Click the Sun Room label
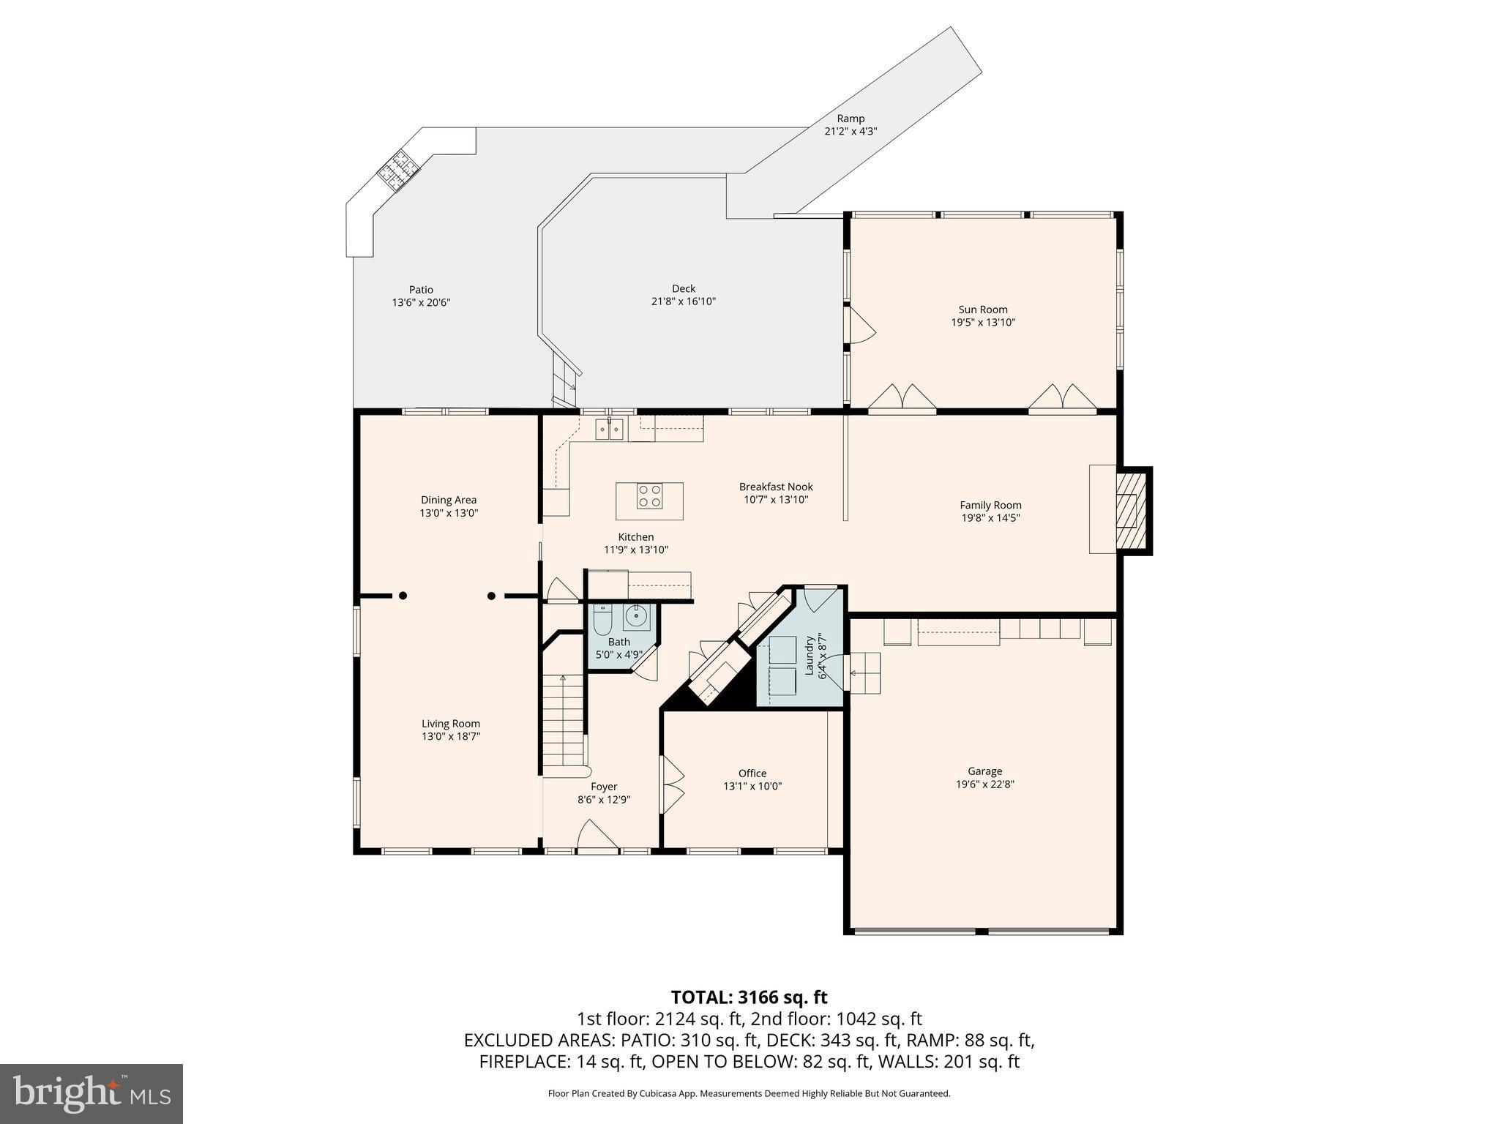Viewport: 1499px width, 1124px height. click(x=983, y=310)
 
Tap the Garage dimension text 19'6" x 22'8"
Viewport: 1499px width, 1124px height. click(x=984, y=784)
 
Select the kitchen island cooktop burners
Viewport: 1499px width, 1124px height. click(x=649, y=496)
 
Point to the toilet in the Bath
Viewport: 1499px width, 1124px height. click(x=602, y=621)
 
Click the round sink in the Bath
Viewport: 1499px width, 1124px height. click(x=637, y=618)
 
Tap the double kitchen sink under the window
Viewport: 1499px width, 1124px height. click(x=609, y=429)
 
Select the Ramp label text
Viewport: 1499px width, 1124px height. click(x=851, y=119)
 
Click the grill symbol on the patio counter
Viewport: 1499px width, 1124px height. click(x=399, y=170)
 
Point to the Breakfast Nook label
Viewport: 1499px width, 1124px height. click(x=776, y=487)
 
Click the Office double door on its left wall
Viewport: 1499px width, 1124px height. click(x=671, y=784)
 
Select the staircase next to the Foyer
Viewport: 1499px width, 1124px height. click(x=564, y=721)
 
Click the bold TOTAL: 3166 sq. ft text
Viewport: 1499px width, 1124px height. click(x=749, y=997)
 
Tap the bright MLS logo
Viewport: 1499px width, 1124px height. click(x=91, y=1093)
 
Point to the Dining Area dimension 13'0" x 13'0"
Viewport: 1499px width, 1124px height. click(x=449, y=513)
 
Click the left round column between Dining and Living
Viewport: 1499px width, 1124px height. click(x=403, y=596)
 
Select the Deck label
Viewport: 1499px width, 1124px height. click(x=684, y=288)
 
